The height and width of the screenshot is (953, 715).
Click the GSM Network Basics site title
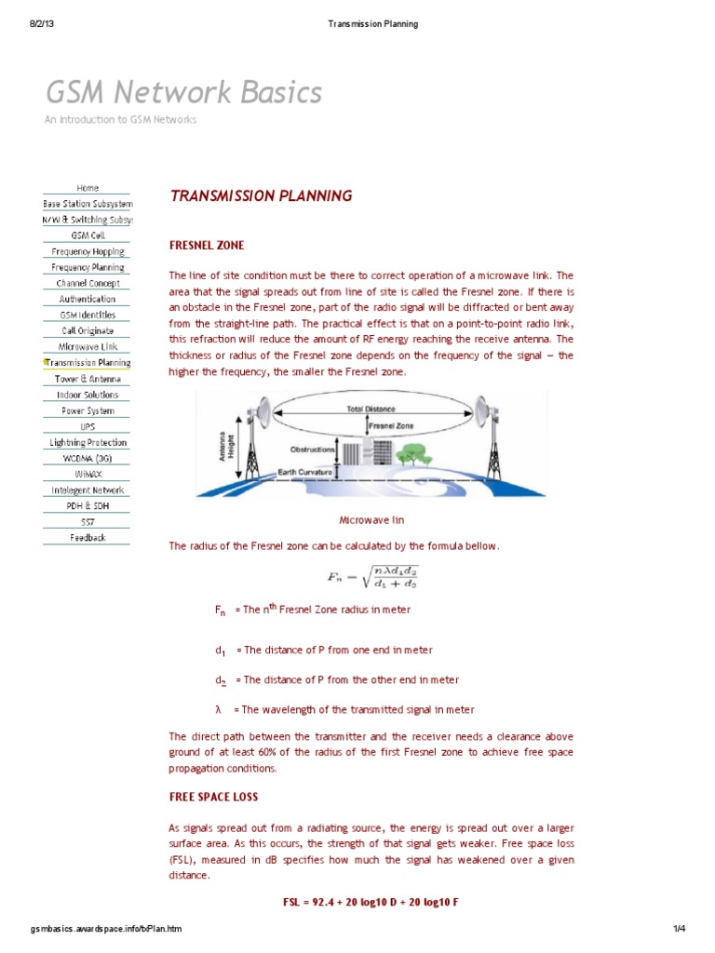point(184,92)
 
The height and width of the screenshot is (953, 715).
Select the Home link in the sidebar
point(88,188)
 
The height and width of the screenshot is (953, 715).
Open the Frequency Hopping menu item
point(88,251)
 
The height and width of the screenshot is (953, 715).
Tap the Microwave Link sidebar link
point(88,346)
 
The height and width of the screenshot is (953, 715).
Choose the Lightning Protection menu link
point(88,442)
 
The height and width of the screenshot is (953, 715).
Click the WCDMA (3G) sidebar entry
point(88,458)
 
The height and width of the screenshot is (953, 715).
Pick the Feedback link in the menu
point(88,538)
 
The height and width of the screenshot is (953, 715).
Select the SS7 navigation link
point(88,522)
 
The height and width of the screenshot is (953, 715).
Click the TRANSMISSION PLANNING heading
point(261,196)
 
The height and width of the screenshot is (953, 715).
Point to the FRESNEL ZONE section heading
point(206,246)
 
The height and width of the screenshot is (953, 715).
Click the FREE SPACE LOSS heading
point(213,798)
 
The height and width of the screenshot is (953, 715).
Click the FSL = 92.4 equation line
point(371,903)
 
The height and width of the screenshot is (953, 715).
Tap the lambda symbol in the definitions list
point(218,709)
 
